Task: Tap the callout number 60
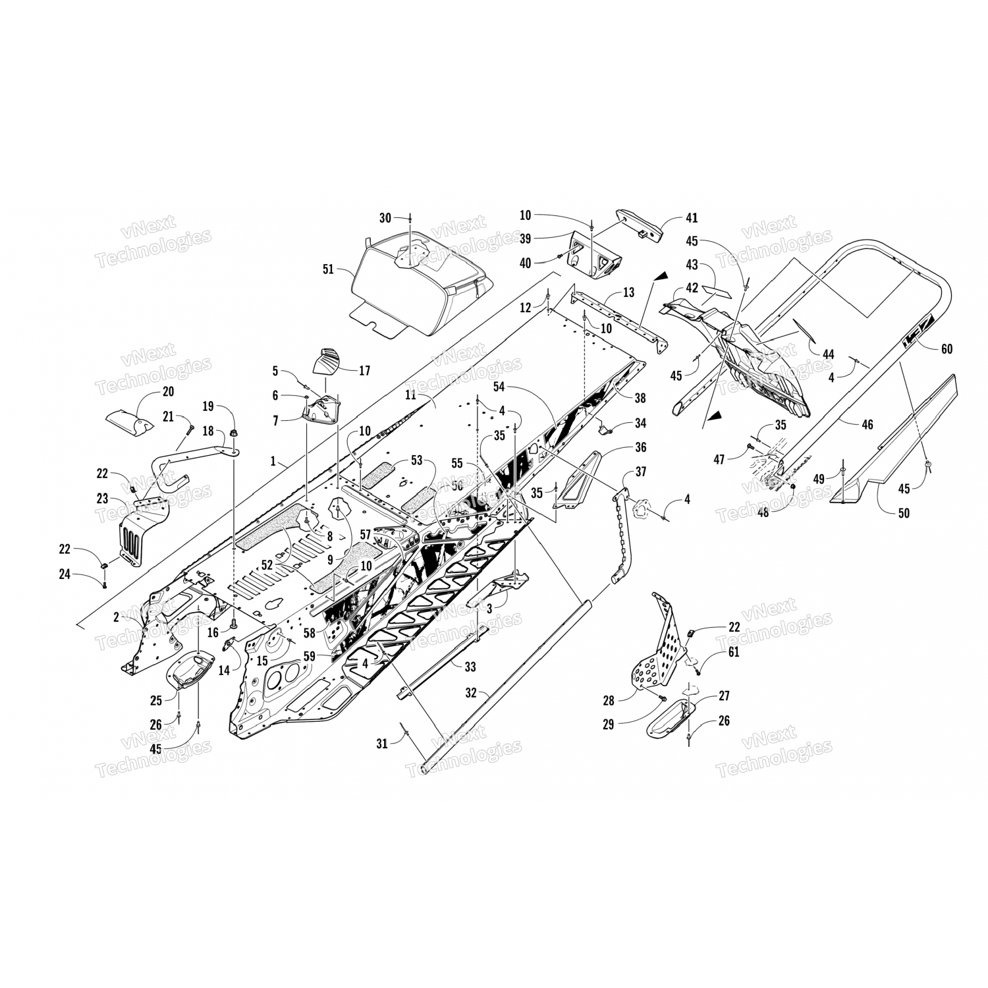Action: coord(947,349)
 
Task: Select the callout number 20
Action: coord(168,391)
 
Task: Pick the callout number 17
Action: coord(364,371)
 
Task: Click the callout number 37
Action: coord(640,472)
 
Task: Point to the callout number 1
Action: coord(273,462)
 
